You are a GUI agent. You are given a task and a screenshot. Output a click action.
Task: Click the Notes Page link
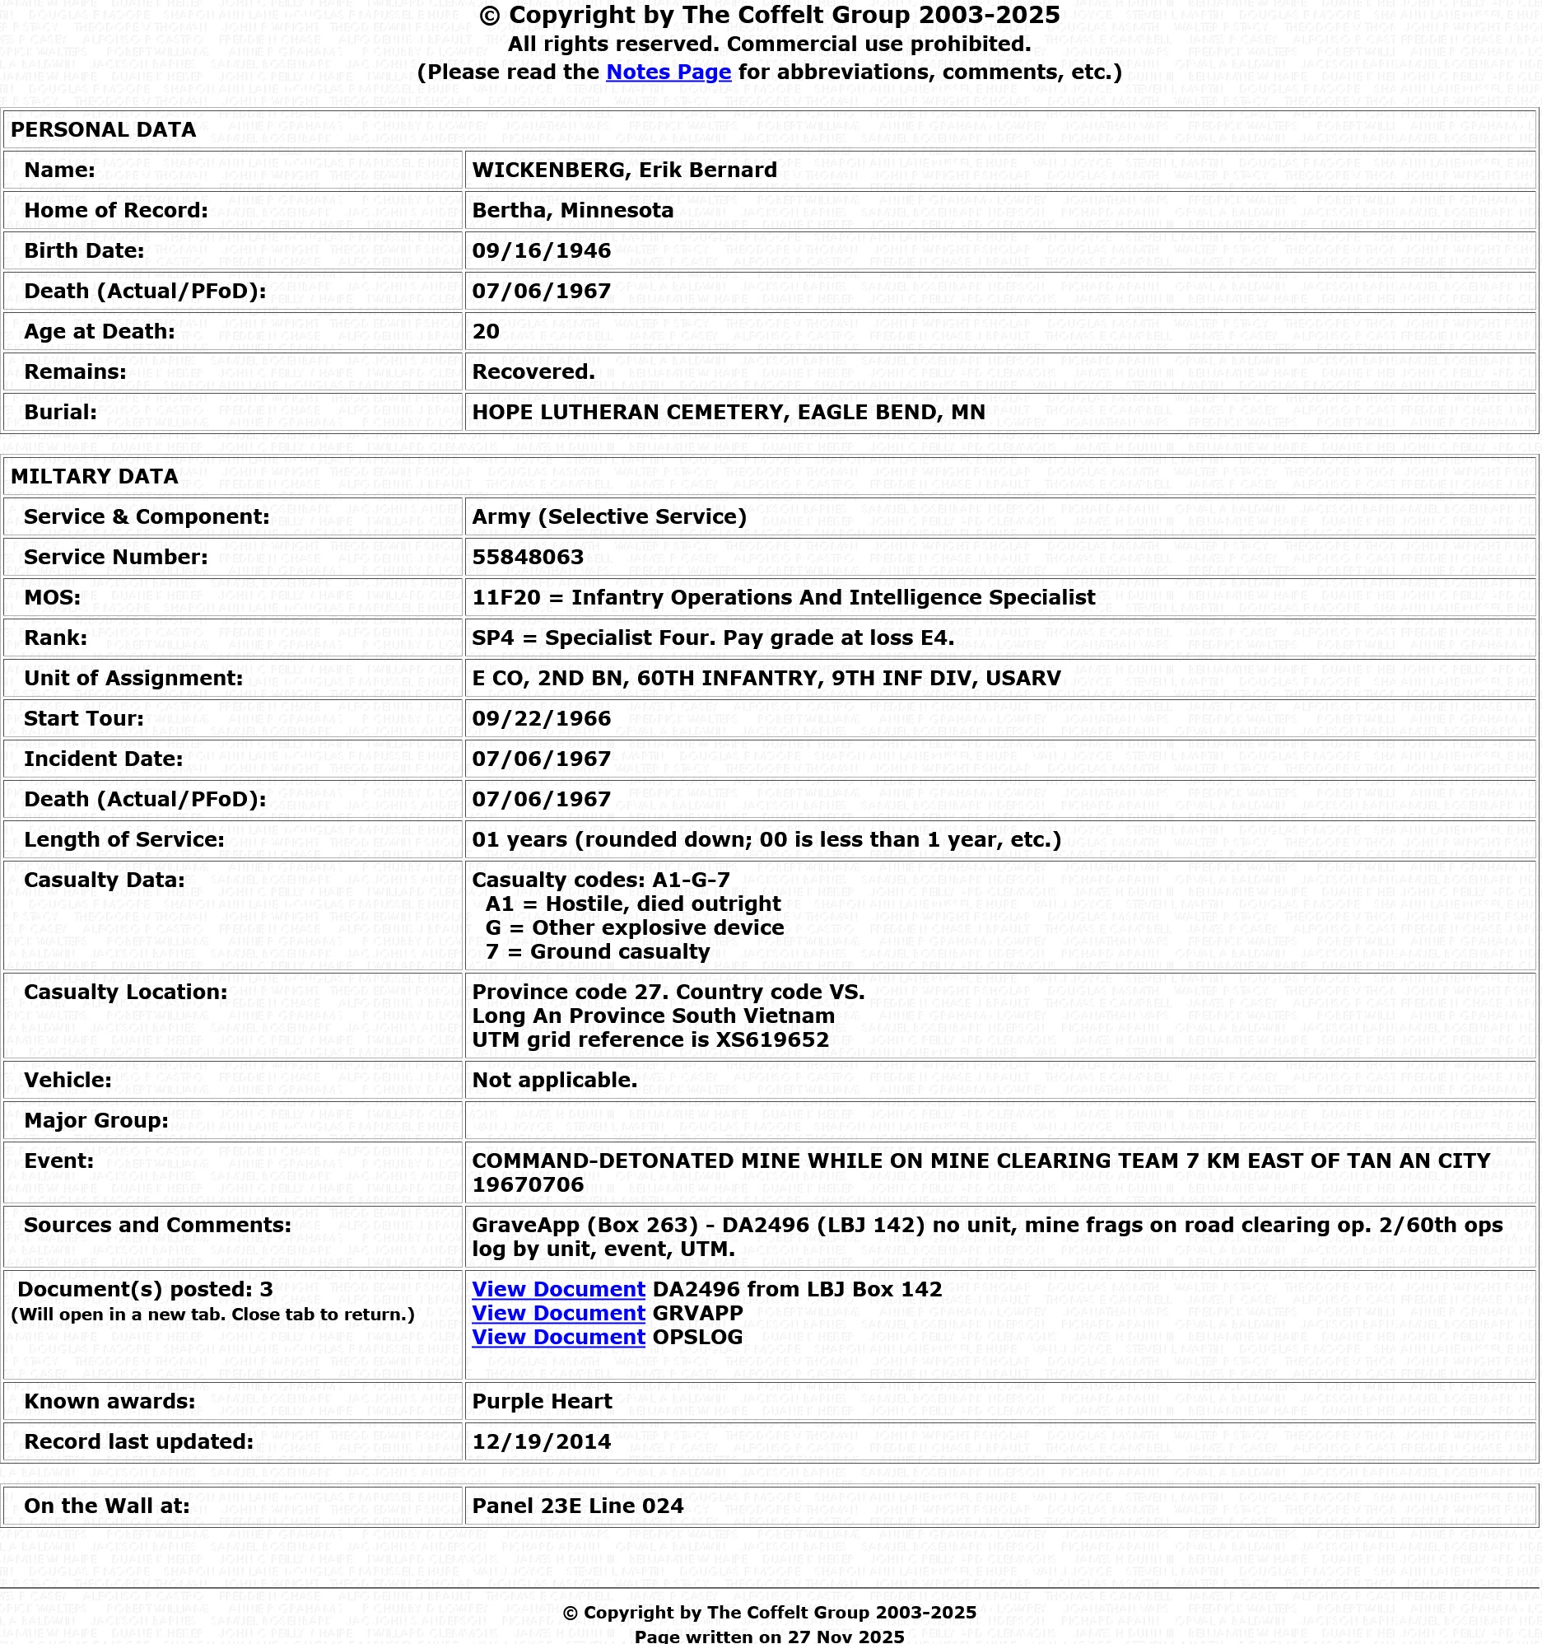(x=668, y=72)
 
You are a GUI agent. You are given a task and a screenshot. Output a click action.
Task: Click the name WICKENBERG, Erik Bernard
(x=624, y=170)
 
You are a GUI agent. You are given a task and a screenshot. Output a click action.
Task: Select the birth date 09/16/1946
(x=542, y=251)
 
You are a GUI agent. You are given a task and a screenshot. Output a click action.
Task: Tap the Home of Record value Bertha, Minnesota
(x=572, y=211)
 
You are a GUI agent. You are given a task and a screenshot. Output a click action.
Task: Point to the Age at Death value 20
(x=487, y=332)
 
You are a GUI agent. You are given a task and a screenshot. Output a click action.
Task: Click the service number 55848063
(x=528, y=558)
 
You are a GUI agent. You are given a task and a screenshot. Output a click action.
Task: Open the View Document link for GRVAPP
(x=558, y=1313)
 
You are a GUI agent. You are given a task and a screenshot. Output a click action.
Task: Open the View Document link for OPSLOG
(x=558, y=1338)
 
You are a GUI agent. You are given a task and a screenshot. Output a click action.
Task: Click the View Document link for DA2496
(x=558, y=1289)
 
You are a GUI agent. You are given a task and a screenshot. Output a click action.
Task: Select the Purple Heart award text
(x=542, y=1401)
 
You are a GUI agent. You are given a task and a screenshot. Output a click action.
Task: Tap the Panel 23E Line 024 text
(x=577, y=1506)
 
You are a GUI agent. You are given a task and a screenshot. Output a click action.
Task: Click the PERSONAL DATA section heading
(x=104, y=130)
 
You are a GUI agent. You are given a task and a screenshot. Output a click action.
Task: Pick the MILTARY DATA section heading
(x=94, y=476)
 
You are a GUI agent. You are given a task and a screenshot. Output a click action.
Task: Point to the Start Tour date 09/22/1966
(x=542, y=718)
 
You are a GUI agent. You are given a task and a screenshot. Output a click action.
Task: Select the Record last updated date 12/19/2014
(x=542, y=1441)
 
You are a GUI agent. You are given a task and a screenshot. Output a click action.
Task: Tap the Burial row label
(x=60, y=413)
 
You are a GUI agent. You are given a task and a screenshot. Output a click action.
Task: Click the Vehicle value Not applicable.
(x=554, y=1080)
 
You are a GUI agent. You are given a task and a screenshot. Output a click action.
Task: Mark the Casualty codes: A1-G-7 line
(x=601, y=880)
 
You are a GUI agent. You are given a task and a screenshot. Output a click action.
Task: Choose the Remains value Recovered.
(x=533, y=372)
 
